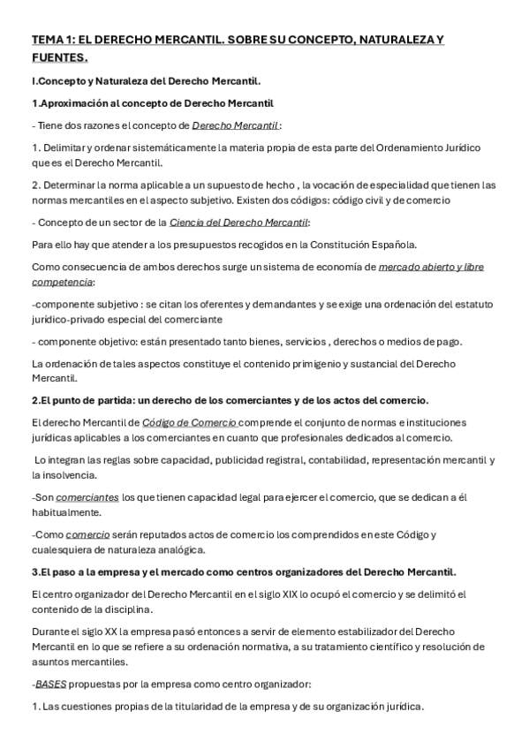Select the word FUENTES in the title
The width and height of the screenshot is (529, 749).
(x=58, y=58)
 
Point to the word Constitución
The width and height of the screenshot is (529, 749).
(x=356, y=244)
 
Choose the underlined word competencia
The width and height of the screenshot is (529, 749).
(x=62, y=282)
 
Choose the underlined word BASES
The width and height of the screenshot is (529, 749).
(x=49, y=685)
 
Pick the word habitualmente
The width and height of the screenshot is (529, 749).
(x=67, y=512)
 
